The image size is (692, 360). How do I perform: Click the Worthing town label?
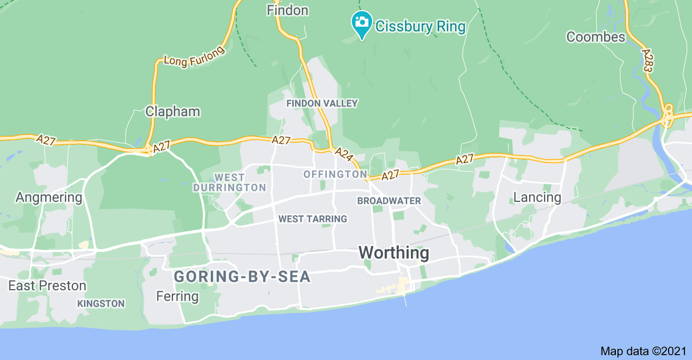pyautogui.click(x=394, y=252)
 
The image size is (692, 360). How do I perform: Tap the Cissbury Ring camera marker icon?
pyautogui.click(x=362, y=22)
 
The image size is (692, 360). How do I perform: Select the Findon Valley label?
pyautogui.click(x=322, y=103)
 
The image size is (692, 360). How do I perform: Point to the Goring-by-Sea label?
pyautogui.click(x=242, y=277)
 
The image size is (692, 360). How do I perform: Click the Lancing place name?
pyautogui.click(x=537, y=198)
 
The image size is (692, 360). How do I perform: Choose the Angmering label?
pyautogui.click(x=49, y=198)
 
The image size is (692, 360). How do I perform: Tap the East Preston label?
pyautogui.click(x=47, y=286)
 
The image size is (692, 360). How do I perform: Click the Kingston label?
pyautogui.click(x=101, y=304)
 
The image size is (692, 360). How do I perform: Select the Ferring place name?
pyautogui.click(x=177, y=296)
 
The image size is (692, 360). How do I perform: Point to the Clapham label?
pyautogui.click(x=172, y=112)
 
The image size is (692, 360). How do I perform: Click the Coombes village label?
pyautogui.click(x=596, y=37)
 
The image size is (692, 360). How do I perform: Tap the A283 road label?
pyautogui.click(x=648, y=61)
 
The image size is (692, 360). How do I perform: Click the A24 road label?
pyautogui.click(x=344, y=154)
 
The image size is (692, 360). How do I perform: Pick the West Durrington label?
pyautogui.click(x=229, y=183)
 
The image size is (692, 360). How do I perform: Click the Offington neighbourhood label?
pyautogui.click(x=335, y=175)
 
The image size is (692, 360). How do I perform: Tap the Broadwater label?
pyautogui.click(x=389, y=201)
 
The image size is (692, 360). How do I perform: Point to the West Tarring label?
pyautogui.click(x=312, y=219)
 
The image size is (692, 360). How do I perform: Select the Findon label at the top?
pyautogui.click(x=287, y=10)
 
